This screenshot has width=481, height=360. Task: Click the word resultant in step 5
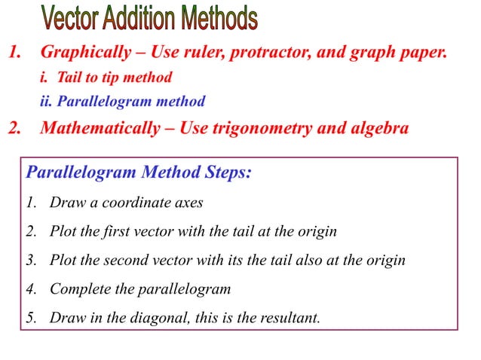tap(292, 317)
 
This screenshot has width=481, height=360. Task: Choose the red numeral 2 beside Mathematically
tap(14, 127)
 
